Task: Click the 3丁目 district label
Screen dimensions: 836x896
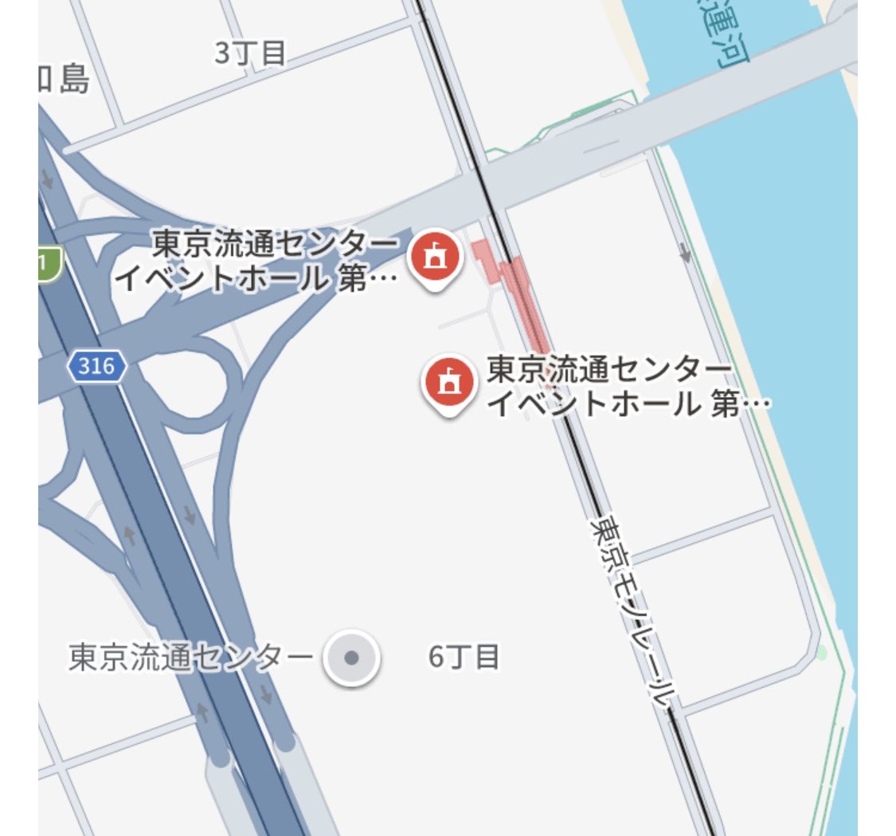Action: pyautogui.click(x=250, y=53)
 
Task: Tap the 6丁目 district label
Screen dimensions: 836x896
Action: pyautogui.click(x=464, y=657)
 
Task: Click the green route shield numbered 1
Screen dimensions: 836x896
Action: pyautogui.click(x=49, y=264)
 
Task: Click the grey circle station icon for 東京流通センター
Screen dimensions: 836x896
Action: pyautogui.click(x=351, y=658)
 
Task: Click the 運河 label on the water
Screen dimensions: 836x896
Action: pyautogui.click(x=721, y=36)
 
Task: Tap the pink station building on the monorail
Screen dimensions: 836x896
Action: pyautogui.click(x=514, y=287)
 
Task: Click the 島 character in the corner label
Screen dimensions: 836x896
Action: pyautogui.click(x=73, y=80)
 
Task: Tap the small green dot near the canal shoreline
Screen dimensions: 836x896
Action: pyautogui.click(x=822, y=653)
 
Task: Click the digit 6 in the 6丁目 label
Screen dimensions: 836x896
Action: pyautogui.click(x=436, y=657)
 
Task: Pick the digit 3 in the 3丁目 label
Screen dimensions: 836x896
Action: pyautogui.click(x=223, y=53)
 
